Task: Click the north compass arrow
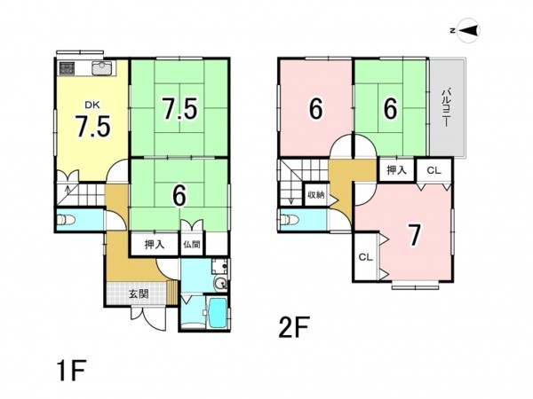[x=469, y=30]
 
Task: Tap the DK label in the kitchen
[x=92, y=106]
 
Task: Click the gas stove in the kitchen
[x=68, y=68]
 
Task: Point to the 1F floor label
[x=72, y=372]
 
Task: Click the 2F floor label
[x=294, y=327]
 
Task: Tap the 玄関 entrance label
[x=139, y=293]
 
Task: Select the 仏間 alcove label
[x=192, y=244]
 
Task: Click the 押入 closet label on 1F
[x=155, y=244]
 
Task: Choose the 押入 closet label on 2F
[x=396, y=170]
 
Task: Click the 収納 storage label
[x=315, y=195]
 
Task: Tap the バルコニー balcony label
[x=446, y=107]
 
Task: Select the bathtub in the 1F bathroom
[x=217, y=312]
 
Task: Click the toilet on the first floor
[x=66, y=220]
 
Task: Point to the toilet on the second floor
[x=290, y=220]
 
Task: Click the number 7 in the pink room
[x=414, y=235]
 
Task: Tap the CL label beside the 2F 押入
[x=434, y=170]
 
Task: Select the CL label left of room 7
[x=366, y=257]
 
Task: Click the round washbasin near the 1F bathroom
[x=220, y=283]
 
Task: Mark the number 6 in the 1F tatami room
[x=179, y=196]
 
